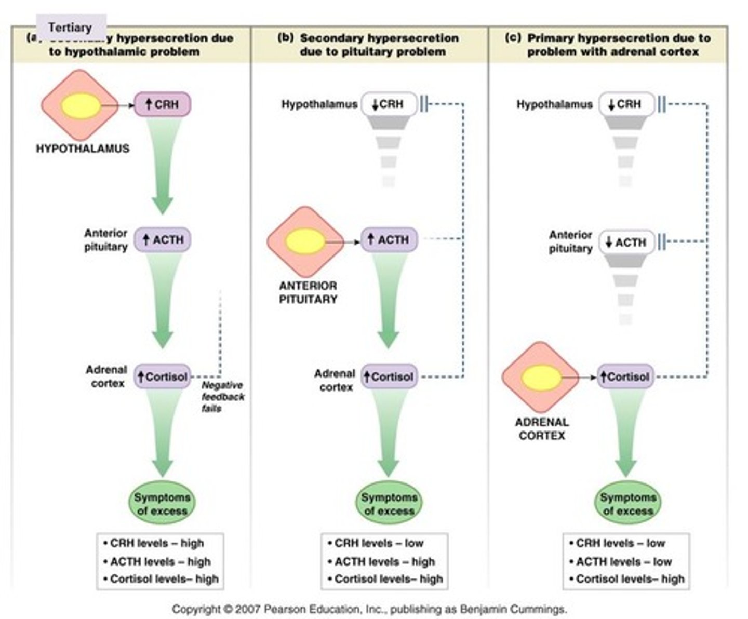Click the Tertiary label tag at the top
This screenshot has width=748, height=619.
(70, 28)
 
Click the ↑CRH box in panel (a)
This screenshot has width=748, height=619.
(162, 104)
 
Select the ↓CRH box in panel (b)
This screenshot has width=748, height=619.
(389, 104)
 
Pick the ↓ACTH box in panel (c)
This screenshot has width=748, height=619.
(626, 243)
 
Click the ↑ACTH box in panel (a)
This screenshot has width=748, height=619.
(163, 240)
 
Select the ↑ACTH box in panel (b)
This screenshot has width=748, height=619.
(389, 240)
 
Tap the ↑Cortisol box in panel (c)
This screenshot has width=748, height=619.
(625, 376)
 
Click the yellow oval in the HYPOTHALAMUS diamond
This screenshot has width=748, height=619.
(80, 106)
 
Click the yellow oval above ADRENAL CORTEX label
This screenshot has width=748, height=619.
(541, 378)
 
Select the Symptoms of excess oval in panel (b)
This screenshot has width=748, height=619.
(389, 504)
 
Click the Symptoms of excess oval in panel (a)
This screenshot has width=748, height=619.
(162, 504)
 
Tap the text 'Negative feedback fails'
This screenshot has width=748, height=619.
(222, 397)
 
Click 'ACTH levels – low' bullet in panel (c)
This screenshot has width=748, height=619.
(624, 561)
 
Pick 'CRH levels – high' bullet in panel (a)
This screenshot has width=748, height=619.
(157, 543)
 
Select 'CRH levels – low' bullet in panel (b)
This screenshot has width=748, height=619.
(379, 543)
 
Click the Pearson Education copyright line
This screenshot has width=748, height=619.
(369, 609)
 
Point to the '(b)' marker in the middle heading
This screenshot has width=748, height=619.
(286, 38)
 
